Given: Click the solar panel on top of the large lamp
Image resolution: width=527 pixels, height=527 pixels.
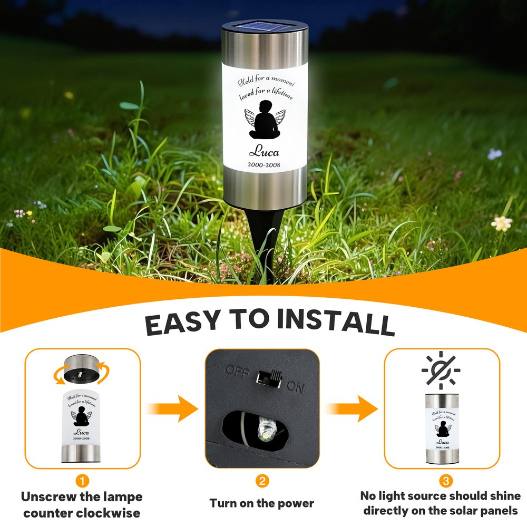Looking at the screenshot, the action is (265, 26).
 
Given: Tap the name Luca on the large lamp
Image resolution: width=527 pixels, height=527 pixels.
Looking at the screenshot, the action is (264, 151).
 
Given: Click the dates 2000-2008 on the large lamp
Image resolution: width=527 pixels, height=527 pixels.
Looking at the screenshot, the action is (264, 164).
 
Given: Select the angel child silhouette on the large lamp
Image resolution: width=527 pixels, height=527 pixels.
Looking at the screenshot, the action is (265, 120).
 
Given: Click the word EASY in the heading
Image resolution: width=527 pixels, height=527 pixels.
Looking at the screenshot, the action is (183, 323).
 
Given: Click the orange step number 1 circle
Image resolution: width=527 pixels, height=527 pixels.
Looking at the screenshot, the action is (82, 481).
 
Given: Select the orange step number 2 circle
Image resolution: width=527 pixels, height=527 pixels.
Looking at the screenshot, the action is (262, 481).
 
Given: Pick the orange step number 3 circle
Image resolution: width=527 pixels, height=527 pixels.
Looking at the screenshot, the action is (446, 481).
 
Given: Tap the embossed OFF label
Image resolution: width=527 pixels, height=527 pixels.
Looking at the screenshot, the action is (238, 370).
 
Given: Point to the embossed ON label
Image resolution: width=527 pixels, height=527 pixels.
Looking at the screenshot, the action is (296, 387).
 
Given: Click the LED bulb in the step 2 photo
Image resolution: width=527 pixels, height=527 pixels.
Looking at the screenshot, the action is (266, 430).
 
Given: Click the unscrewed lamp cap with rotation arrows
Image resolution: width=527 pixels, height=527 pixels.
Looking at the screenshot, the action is (82, 369).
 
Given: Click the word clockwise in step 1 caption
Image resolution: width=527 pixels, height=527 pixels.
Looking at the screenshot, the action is (108, 513).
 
